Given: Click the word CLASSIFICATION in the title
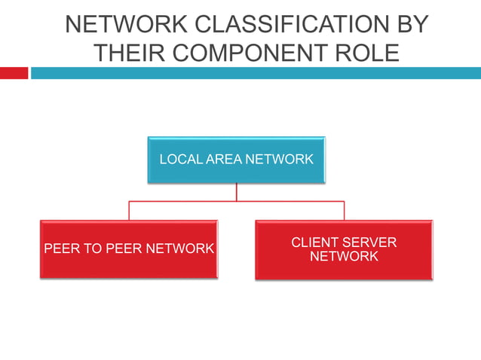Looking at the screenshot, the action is click(292, 24).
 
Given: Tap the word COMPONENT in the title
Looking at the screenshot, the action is click(250, 53).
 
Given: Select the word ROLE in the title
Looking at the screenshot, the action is click(367, 53).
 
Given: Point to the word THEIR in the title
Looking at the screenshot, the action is click(130, 53).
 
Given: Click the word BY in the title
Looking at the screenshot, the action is click(412, 24).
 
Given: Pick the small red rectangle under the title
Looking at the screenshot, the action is click(14, 73).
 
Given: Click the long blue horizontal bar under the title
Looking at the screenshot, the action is click(256, 73).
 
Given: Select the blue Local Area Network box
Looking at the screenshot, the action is click(236, 160).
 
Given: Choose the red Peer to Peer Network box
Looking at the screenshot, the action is click(129, 249).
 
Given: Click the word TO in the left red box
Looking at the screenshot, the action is click(93, 249).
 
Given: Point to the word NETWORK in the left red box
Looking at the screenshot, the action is click(179, 249).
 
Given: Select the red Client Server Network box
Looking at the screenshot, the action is click(344, 250).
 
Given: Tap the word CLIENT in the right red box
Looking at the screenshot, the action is click(315, 243).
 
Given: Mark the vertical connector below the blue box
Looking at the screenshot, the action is click(237, 192).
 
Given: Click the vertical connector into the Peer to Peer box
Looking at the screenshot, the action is click(129, 211).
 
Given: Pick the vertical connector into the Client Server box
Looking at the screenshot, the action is click(345, 211).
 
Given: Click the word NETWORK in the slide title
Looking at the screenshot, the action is click(127, 24).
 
